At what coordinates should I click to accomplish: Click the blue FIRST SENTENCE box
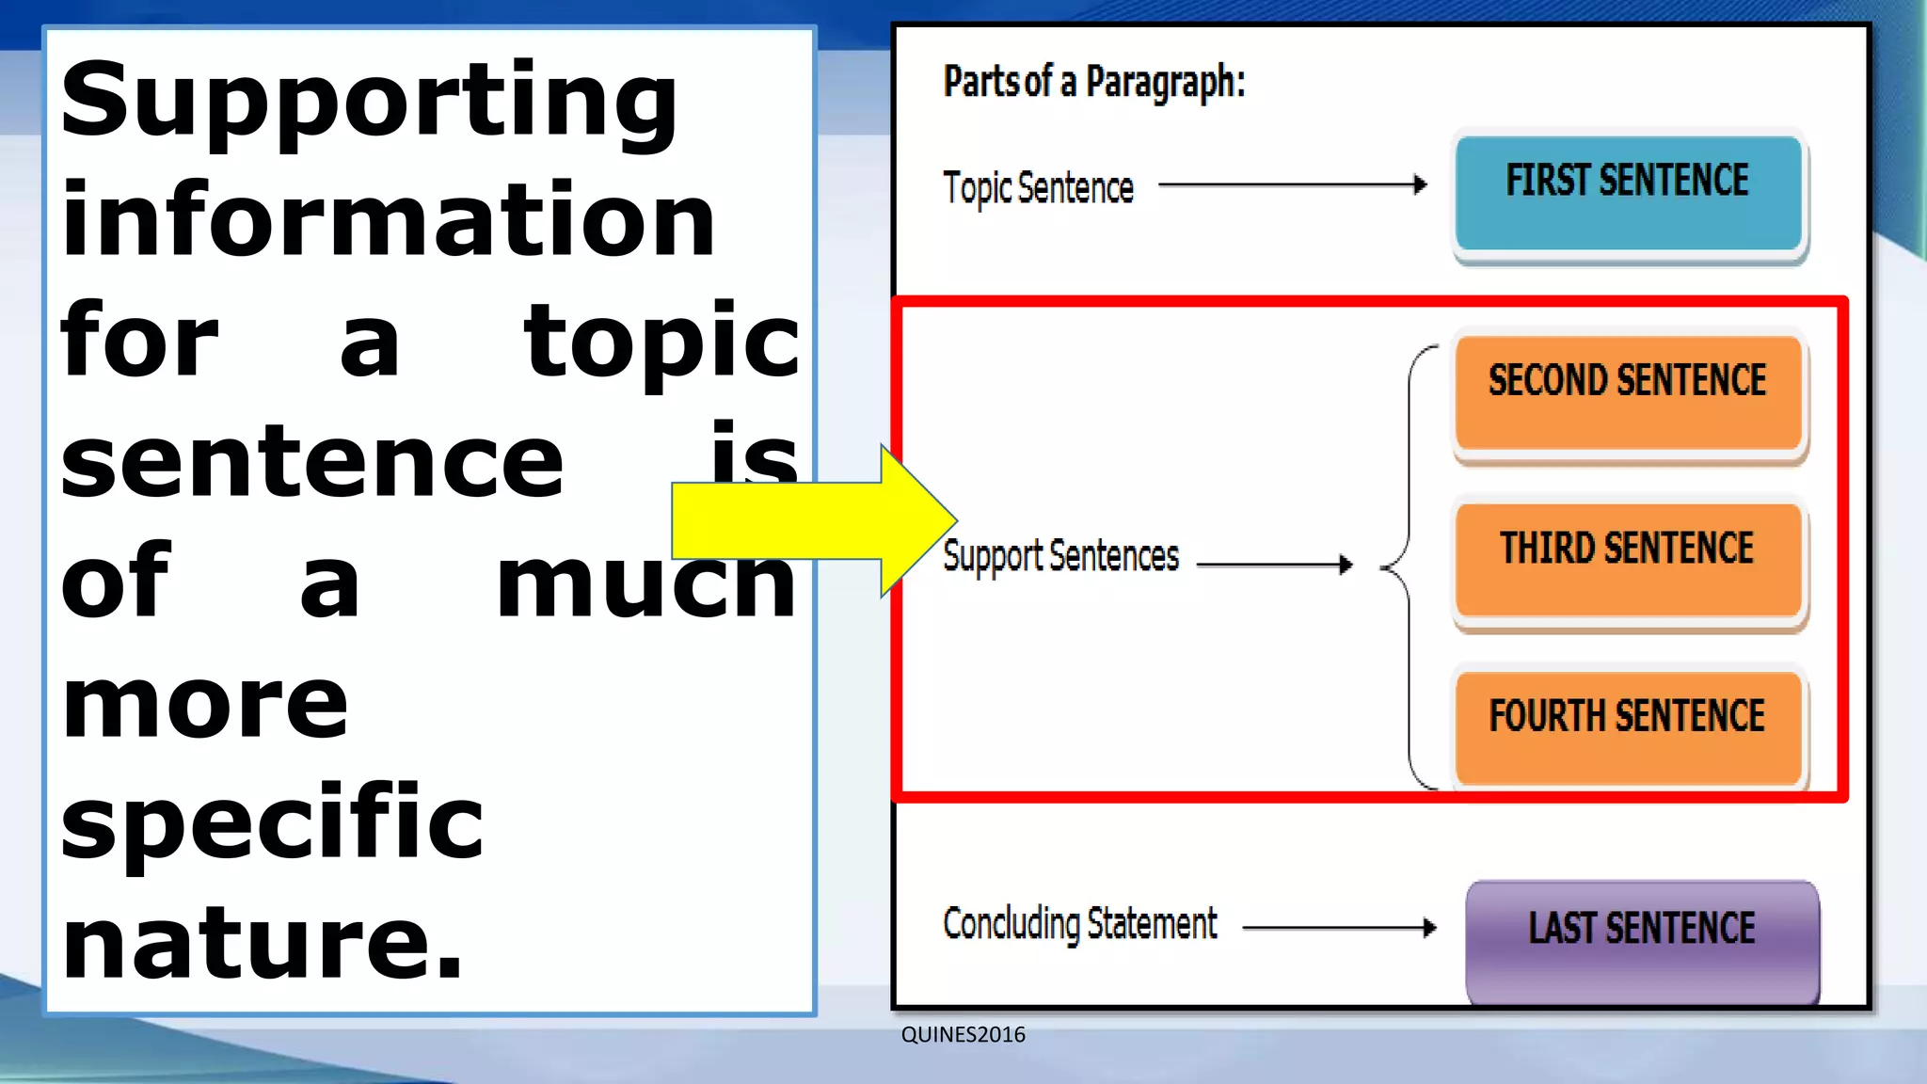coord(1628,193)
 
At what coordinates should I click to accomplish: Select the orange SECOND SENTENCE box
coord(1628,391)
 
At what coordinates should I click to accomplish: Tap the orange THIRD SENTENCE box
coord(1628,559)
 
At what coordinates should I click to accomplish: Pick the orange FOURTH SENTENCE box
coord(1628,726)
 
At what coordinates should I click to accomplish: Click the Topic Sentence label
coord(1038,187)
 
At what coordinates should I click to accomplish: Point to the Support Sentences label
coord(1060,556)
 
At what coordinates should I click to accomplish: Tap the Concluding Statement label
coord(1079,924)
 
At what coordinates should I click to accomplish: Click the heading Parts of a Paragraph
coord(1093,82)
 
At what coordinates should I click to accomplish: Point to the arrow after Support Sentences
coord(1275,565)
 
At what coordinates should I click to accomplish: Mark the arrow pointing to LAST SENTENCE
coord(1339,928)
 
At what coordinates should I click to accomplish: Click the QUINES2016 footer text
coord(963,1035)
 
